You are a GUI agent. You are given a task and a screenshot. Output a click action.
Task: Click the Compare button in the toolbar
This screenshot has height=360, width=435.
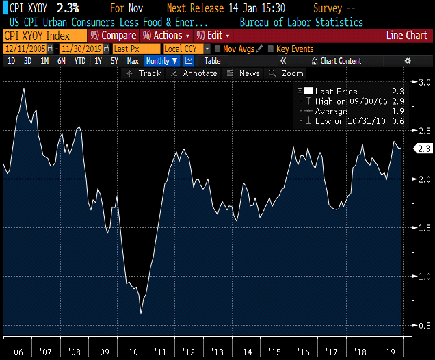[114, 36]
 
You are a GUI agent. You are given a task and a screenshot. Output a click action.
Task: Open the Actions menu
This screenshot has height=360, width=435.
[164, 36]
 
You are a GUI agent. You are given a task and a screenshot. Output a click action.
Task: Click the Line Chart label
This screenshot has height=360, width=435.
[406, 36]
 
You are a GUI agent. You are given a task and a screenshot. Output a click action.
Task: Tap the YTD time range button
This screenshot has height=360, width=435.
[80, 61]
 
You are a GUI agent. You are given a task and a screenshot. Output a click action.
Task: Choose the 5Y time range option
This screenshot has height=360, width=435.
[114, 61]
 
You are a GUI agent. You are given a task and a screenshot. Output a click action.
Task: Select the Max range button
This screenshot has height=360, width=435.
[133, 61]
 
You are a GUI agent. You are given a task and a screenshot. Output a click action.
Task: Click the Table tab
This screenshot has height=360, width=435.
[213, 61]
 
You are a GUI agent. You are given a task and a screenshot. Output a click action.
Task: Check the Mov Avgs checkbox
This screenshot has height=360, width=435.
[217, 49]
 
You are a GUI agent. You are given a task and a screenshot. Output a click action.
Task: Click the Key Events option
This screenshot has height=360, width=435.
[270, 49]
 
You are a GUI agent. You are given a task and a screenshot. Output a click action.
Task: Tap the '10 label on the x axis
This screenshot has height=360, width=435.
[132, 352]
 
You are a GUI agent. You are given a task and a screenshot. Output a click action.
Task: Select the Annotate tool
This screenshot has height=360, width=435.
[194, 73]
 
